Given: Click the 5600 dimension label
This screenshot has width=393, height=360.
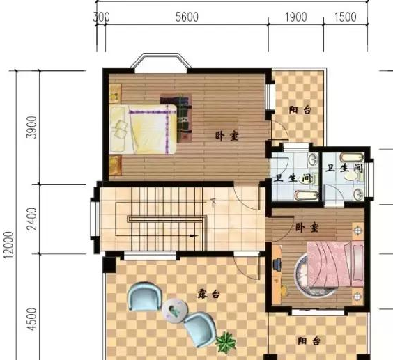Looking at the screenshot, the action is point(187,17).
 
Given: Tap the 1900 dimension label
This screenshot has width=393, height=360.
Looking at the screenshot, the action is point(295,17).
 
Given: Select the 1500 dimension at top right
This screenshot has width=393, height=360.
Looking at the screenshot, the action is point(346,17).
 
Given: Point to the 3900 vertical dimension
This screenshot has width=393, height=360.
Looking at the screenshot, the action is point(32,127).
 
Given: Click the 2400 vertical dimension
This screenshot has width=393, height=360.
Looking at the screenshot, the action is point(32,219).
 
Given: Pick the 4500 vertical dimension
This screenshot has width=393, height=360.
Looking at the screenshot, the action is point(32,320).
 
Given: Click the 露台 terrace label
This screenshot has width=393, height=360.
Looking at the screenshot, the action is point(208,294).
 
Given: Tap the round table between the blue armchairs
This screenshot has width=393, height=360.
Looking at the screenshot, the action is point(175,311).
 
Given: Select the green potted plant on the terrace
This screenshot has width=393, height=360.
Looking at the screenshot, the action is point(226,342).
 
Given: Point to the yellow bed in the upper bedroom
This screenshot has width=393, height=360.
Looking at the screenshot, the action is point(143,129).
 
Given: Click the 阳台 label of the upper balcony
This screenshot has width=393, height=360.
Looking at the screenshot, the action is point(300,110).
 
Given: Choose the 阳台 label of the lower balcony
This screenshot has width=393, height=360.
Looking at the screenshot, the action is point(309,341).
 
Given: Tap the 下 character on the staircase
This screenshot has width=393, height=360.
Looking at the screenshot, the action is point(213,203).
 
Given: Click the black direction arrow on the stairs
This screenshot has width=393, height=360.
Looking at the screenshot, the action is point(194,236).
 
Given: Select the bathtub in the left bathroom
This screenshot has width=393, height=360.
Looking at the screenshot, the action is point(307,195).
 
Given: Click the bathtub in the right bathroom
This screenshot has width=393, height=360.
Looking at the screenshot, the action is point(352,157).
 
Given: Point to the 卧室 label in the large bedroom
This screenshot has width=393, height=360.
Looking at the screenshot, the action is point(227,136).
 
